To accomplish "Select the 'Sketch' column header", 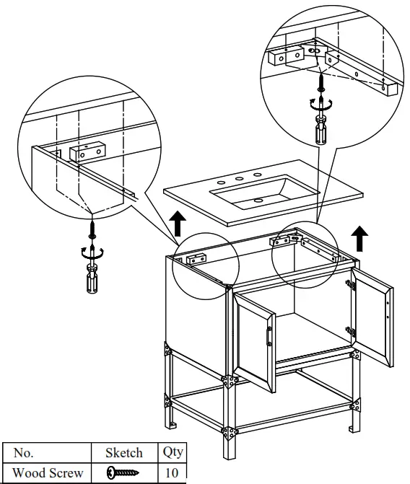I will click(123, 454).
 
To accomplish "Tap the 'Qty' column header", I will click(173, 453).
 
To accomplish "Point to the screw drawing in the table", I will click(123, 473).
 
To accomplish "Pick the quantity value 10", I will click(173, 473).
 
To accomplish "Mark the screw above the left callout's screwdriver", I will click(92, 229).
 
